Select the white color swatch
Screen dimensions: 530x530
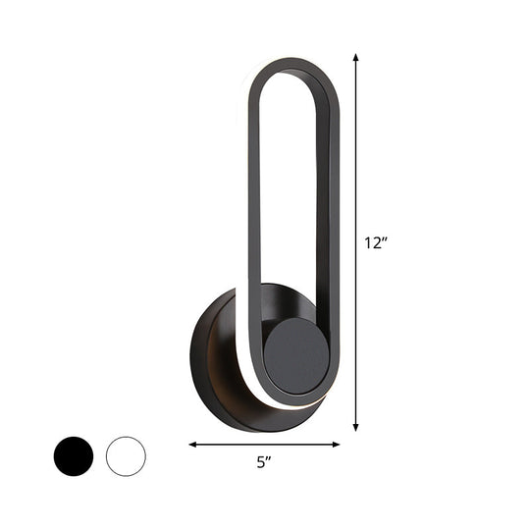(126, 429)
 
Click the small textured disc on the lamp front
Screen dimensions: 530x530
(296, 354)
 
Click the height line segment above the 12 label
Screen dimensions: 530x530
(356, 147)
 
